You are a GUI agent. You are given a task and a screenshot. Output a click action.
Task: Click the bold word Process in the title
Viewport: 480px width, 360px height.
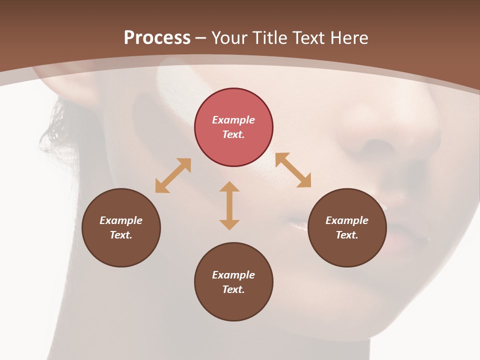pos(157,38)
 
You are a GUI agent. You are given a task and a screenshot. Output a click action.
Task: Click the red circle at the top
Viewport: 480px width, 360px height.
pos(233,127)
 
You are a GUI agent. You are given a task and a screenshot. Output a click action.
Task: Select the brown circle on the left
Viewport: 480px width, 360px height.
pos(121,227)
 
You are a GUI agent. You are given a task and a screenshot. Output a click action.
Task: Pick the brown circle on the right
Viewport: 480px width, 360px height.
pos(347,227)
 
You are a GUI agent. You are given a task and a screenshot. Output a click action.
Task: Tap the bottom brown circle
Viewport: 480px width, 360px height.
pos(233,282)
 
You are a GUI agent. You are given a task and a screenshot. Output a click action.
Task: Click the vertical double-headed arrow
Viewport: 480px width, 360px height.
pos(229,205)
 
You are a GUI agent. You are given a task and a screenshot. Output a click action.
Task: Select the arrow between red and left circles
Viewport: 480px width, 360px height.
pos(173,175)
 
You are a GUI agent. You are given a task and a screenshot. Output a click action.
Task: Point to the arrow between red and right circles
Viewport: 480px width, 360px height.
pos(293,170)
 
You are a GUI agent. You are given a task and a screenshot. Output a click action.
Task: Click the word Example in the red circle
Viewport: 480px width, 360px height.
pos(233,120)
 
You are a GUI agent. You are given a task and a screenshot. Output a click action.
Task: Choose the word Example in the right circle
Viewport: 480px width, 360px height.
pos(347,220)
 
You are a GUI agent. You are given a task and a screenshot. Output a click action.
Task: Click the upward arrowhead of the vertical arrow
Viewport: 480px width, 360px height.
pos(229,187)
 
